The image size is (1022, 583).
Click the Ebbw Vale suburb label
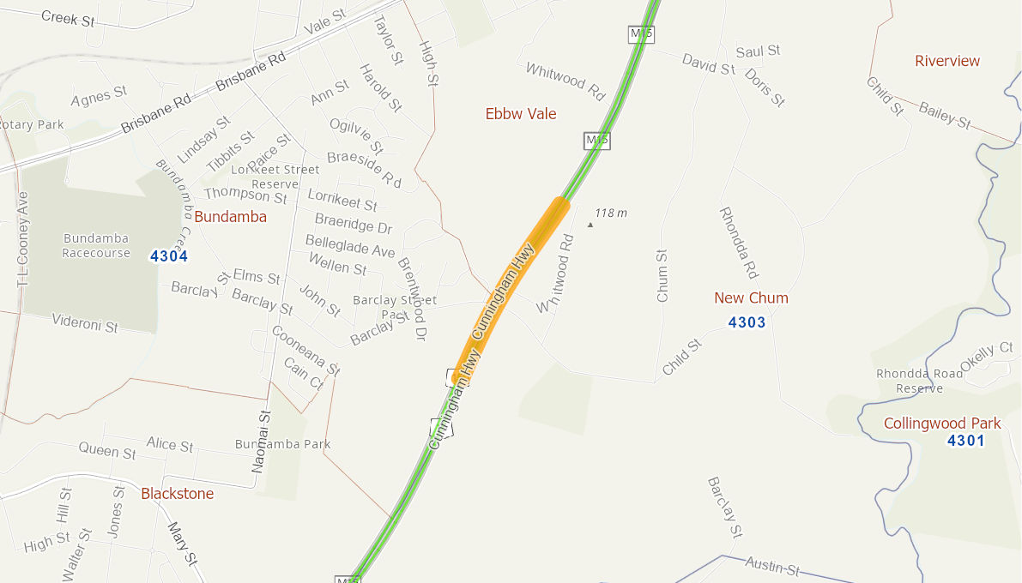click(521, 114)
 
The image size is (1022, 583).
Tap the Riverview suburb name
click(947, 61)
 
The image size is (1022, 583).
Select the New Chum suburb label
click(751, 298)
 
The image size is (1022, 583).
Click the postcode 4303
click(746, 322)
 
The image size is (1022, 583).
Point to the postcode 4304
click(168, 255)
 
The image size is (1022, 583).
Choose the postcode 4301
click(965, 441)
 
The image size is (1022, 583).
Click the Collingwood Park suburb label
click(942, 424)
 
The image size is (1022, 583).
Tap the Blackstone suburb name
click(177, 494)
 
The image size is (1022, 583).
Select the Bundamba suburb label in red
click(230, 217)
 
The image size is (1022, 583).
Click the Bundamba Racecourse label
click(96, 245)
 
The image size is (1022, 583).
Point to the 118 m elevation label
click(610, 213)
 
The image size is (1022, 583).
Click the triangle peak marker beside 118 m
click(590, 225)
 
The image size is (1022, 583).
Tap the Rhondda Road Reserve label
click(909, 381)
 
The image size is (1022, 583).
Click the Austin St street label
click(772, 565)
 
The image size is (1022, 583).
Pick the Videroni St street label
click(85, 323)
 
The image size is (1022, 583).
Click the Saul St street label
click(758, 51)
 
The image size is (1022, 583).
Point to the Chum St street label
click(662, 276)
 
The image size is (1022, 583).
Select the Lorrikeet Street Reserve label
click(275, 177)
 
